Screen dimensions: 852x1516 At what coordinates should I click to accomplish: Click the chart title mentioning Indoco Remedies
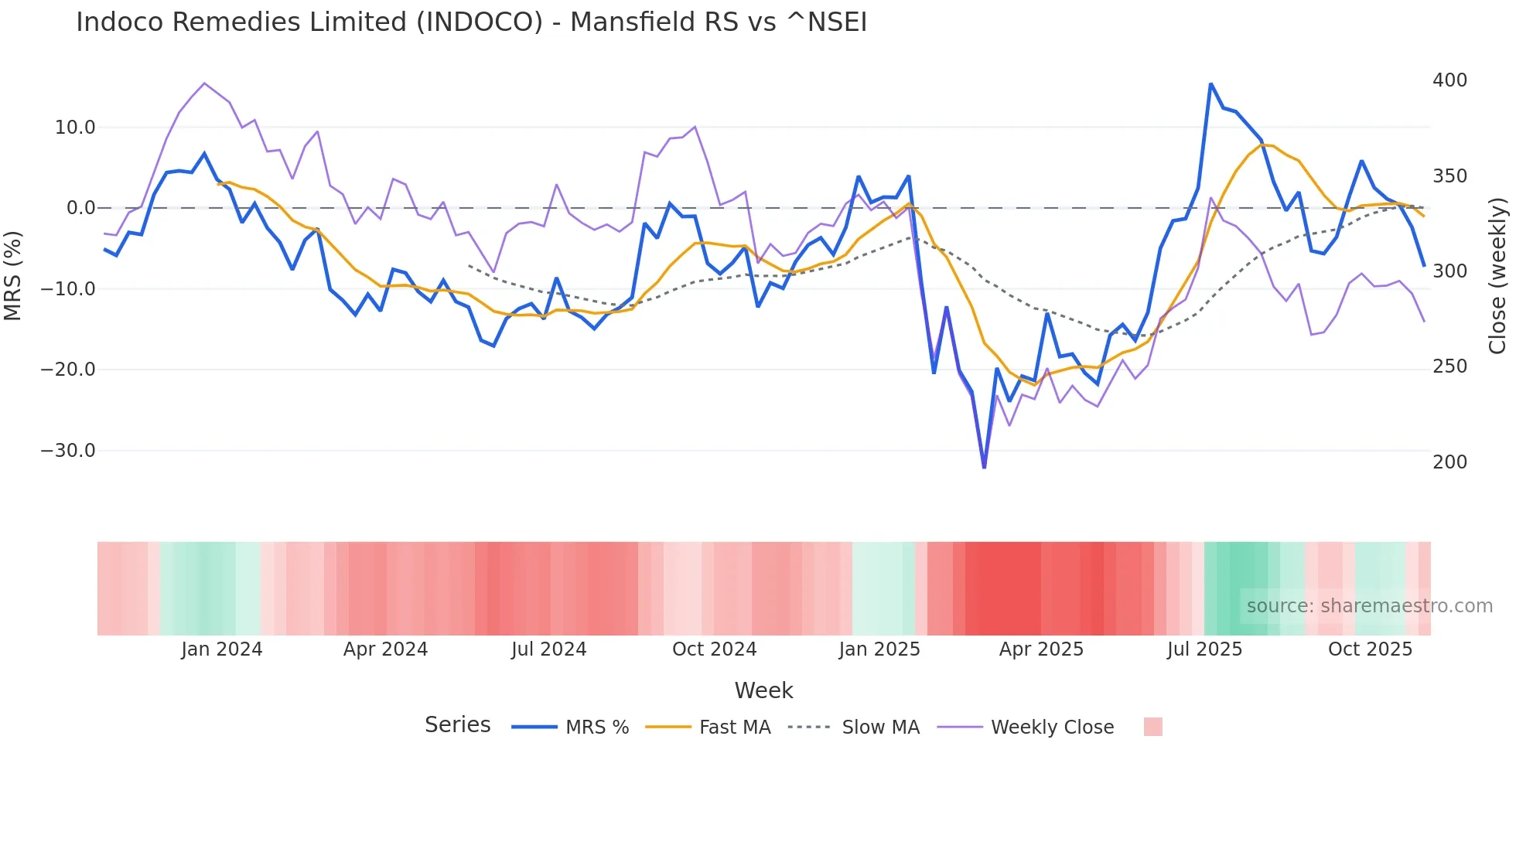click(x=471, y=22)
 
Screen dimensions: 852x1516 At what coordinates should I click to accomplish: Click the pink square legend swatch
click(x=1152, y=727)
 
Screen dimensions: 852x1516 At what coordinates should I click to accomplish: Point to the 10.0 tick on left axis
click(x=75, y=128)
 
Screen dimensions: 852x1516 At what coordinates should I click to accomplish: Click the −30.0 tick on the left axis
click(x=68, y=451)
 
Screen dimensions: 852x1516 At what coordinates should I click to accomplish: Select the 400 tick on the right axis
click(x=1449, y=80)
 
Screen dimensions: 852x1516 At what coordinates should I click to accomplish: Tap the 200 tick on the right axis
click(x=1449, y=462)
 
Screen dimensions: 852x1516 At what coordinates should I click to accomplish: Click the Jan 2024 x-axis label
click(x=222, y=649)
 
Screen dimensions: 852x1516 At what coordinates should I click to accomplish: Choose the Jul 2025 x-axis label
click(x=1204, y=649)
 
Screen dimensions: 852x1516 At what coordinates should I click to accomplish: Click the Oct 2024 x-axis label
click(x=714, y=649)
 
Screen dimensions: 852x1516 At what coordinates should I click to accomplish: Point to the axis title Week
click(x=763, y=690)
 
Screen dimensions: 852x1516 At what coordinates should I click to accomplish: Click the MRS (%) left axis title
click(x=13, y=276)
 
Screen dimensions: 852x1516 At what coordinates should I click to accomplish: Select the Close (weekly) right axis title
click(x=1498, y=276)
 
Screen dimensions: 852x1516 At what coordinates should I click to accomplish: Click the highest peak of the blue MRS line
click(x=1210, y=84)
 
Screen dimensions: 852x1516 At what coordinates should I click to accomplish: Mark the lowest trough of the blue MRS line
click(x=984, y=467)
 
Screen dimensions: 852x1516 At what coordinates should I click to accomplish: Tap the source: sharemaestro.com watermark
click(x=1369, y=606)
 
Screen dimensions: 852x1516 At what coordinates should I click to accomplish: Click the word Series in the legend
click(x=457, y=725)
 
